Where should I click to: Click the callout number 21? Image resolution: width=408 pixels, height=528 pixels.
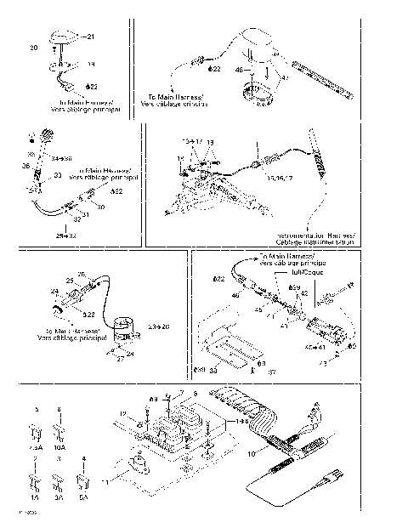(92, 37)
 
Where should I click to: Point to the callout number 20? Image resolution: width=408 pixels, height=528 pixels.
(34, 48)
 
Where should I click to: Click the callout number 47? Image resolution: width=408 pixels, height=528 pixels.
(285, 78)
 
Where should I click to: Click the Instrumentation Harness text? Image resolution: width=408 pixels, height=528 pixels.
(315, 238)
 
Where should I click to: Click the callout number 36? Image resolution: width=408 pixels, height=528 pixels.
(25, 166)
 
